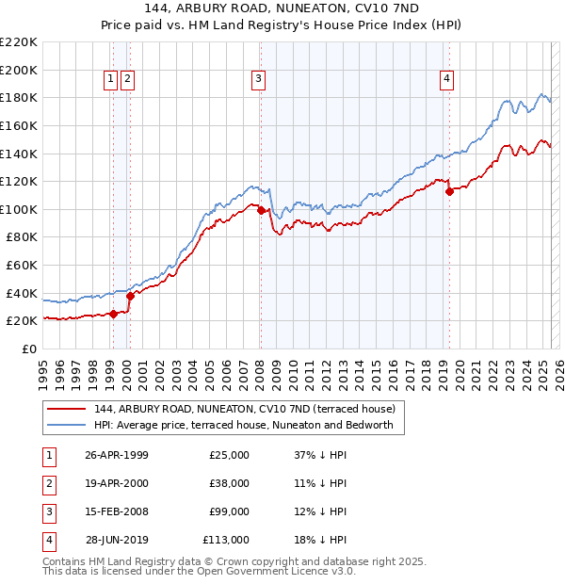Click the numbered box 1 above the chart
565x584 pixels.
(x=111, y=80)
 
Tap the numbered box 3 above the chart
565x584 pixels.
(x=257, y=80)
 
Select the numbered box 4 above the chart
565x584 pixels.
(x=445, y=80)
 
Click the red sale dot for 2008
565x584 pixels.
(x=261, y=211)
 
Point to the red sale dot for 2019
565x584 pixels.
(x=450, y=191)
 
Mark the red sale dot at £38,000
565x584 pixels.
(x=130, y=296)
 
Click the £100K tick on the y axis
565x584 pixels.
(x=20, y=209)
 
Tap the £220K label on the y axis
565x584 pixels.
(x=20, y=42)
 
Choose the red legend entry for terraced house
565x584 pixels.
(x=249, y=409)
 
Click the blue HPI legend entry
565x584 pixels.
(x=249, y=426)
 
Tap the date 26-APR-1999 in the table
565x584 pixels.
(x=117, y=455)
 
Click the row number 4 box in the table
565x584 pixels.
(x=48, y=540)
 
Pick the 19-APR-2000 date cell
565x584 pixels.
(x=117, y=483)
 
